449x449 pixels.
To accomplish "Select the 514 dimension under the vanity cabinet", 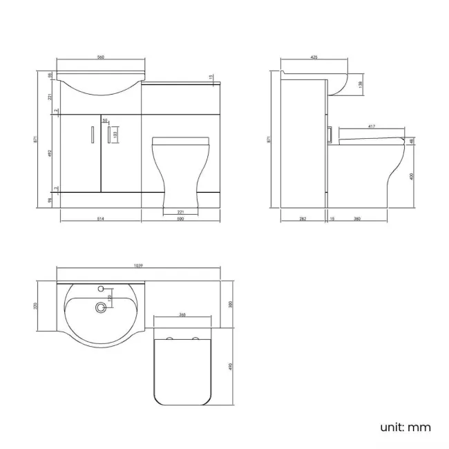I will tap(101, 219).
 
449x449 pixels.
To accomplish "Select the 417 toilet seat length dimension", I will tap(372, 126).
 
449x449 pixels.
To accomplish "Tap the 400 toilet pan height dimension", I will tap(412, 176).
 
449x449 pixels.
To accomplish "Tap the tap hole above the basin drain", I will tap(102, 288).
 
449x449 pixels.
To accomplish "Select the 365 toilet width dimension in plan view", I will tap(182, 315).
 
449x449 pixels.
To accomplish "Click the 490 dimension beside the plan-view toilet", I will tap(230, 365).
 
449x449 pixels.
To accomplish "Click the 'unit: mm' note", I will tap(405, 427).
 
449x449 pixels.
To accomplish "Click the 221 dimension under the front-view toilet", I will tap(181, 211).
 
